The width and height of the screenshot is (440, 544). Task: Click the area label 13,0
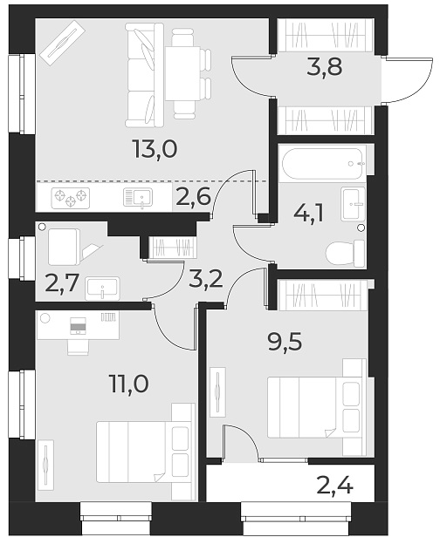coord(156,149)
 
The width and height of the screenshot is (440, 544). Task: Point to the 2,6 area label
coord(193,197)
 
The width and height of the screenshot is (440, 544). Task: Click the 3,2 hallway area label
coord(205,279)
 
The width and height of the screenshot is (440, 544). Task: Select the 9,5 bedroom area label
coord(285,341)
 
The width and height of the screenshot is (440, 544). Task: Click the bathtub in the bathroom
coord(321,163)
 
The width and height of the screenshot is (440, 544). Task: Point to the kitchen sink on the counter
coord(138,197)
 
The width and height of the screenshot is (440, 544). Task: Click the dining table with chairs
coord(184,71)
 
